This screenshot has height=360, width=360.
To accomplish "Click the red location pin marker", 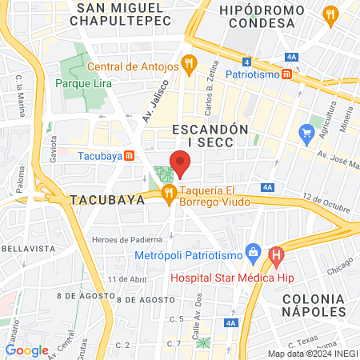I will (x=180, y=164).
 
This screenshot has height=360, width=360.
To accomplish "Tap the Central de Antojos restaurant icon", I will (x=189, y=63).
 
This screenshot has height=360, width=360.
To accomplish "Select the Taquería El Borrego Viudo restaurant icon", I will (x=168, y=193).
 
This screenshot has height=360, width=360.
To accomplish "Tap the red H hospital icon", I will (x=278, y=258).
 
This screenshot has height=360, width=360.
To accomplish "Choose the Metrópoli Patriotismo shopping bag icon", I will (x=253, y=252).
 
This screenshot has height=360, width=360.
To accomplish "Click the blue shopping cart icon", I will (x=305, y=131).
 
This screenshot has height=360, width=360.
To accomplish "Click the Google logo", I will (x=26, y=350).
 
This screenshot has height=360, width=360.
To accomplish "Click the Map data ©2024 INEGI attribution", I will (x=312, y=353).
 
